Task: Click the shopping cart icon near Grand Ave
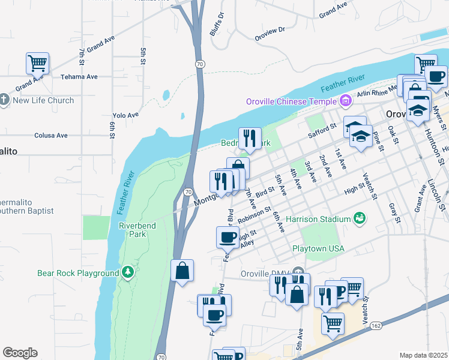(x=37, y=62)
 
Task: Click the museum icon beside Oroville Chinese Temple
(x=345, y=101)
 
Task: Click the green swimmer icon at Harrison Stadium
(x=360, y=218)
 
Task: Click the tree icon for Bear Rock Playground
(x=127, y=272)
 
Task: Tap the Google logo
(x=20, y=353)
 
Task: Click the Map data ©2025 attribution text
(x=423, y=355)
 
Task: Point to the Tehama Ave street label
(x=79, y=77)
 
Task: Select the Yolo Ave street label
(x=125, y=115)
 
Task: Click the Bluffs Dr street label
(x=217, y=25)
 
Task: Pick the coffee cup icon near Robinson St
(x=228, y=236)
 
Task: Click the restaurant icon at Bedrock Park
(x=249, y=138)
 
